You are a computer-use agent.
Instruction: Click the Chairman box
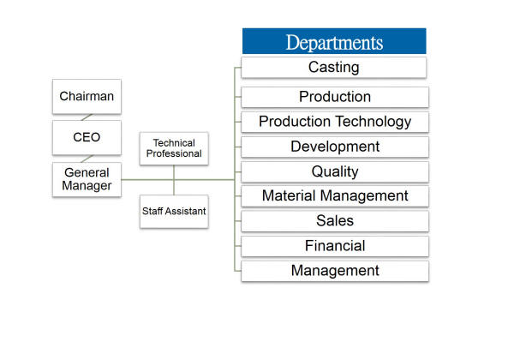tap(87, 96)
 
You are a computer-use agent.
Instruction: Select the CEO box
tap(87, 137)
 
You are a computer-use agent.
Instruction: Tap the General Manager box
tap(87, 179)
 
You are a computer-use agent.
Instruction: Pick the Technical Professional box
tap(174, 148)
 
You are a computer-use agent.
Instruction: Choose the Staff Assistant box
tap(174, 212)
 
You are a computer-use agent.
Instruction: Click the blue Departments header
tap(334, 41)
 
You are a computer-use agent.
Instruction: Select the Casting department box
tap(334, 68)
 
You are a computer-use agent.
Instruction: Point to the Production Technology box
tap(335, 122)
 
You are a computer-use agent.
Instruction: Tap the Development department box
tap(335, 147)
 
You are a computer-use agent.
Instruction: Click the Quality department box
tap(335, 171)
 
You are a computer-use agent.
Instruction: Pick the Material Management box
tap(335, 196)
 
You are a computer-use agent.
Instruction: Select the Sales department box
tap(335, 221)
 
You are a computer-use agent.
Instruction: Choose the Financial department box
tap(335, 246)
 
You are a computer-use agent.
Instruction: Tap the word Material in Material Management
tap(289, 195)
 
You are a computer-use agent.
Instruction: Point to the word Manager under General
tap(87, 186)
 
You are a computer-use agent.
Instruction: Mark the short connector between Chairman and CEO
tap(87, 117)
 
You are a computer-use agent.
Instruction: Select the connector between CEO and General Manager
tap(87, 159)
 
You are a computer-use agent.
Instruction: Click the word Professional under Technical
tap(174, 153)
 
